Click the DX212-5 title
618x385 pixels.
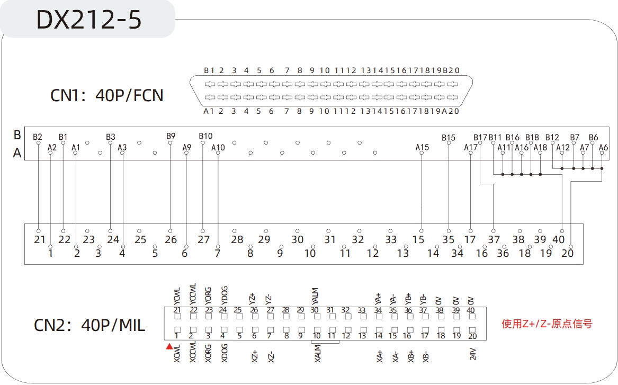[x=88, y=20]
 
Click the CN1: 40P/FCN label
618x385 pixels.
[x=107, y=96]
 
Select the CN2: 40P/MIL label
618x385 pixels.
[x=89, y=325]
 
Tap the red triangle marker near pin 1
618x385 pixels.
[x=169, y=347]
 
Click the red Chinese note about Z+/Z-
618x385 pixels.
[x=547, y=324]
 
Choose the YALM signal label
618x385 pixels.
[x=316, y=296]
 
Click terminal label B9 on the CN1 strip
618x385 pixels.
[x=171, y=136]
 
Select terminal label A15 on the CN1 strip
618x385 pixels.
[x=422, y=147]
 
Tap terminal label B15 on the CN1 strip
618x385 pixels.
[x=449, y=138]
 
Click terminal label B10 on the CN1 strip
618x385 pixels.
[x=205, y=136]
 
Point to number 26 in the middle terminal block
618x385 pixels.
[x=171, y=239]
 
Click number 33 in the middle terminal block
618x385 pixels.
[x=391, y=239]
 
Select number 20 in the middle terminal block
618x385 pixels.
[x=567, y=253]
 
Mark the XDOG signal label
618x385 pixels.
[x=224, y=353]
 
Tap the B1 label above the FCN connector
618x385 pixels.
[x=209, y=70]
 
